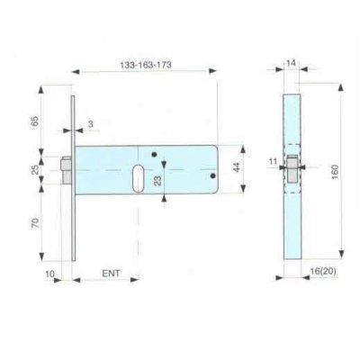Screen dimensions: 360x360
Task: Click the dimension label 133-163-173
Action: [x=146, y=65]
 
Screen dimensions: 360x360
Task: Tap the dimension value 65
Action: [x=35, y=121]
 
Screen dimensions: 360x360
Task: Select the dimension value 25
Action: [x=35, y=170]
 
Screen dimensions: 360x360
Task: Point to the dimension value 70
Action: [x=35, y=223]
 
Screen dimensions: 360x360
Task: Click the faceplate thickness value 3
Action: [x=91, y=124]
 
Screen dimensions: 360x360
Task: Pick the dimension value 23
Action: [x=157, y=181]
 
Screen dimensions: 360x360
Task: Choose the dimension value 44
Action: [x=237, y=167]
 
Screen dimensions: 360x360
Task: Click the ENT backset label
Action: [x=111, y=274]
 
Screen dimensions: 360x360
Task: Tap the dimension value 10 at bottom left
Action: [x=49, y=274]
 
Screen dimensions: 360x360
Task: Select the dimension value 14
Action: [x=291, y=63]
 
